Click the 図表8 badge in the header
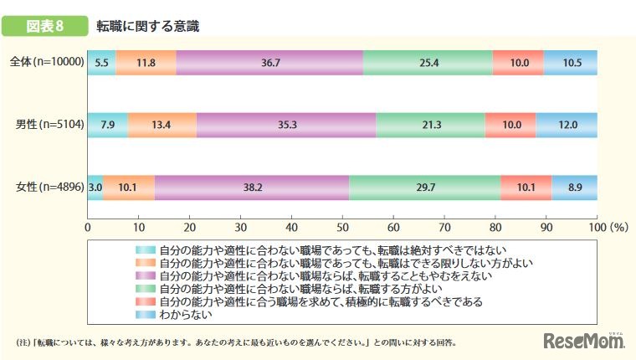point(47,26)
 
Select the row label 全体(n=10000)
point(46,62)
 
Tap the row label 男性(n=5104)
point(49,125)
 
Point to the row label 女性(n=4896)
point(49,188)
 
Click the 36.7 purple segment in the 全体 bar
point(269,63)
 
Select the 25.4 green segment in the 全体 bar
point(428,63)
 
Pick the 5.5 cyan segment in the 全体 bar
point(101,63)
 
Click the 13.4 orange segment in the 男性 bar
point(162,125)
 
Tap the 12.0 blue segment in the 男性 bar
point(567,125)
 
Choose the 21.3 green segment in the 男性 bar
point(430,125)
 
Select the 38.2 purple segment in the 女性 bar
point(251,188)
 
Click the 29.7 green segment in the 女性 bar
point(424,188)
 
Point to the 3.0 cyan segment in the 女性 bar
point(95,188)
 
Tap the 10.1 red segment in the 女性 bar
point(526,188)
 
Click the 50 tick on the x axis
point(342,226)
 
